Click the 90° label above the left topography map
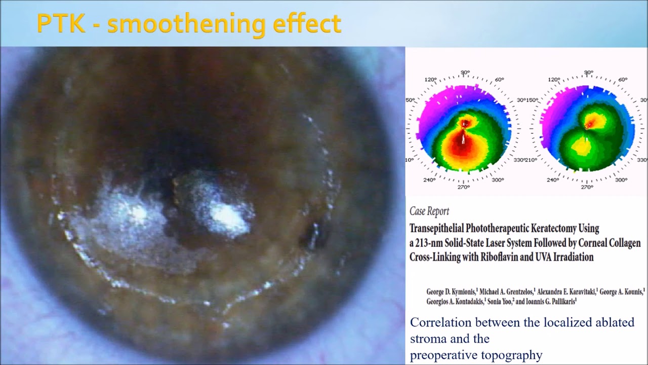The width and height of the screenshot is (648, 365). tap(465, 72)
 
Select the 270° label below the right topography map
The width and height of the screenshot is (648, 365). tap(587, 187)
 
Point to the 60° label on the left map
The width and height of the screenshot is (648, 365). tap(499, 80)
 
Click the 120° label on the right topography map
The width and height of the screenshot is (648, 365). tap(554, 80)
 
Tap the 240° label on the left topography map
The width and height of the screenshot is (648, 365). tap(429, 179)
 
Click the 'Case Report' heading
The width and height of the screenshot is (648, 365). tap(429, 211)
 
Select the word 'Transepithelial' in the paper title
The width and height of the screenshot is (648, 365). tap(442, 228)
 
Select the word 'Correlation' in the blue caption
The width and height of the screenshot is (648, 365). tap(440, 322)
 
